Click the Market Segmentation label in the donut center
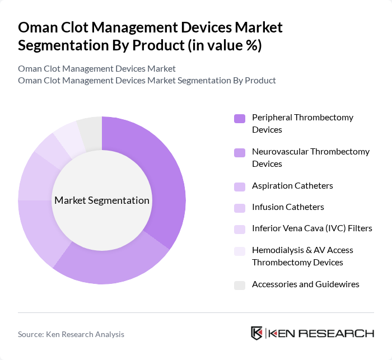click(x=102, y=200)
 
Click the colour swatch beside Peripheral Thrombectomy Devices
click(x=240, y=118)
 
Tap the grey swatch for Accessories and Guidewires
click(x=240, y=284)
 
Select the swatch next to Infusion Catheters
click(x=240, y=207)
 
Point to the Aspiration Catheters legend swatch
click(x=240, y=186)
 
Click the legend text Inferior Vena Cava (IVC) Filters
click(x=312, y=228)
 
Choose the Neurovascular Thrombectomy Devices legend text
click(x=311, y=157)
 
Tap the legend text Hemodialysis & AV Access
click(x=302, y=250)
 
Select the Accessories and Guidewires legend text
click(x=306, y=284)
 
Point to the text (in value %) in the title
click(x=223, y=45)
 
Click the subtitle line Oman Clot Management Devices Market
click(x=97, y=68)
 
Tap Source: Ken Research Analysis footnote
click(x=71, y=334)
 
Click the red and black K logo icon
click(x=257, y=333)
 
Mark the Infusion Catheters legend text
click(x=288, y=207)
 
